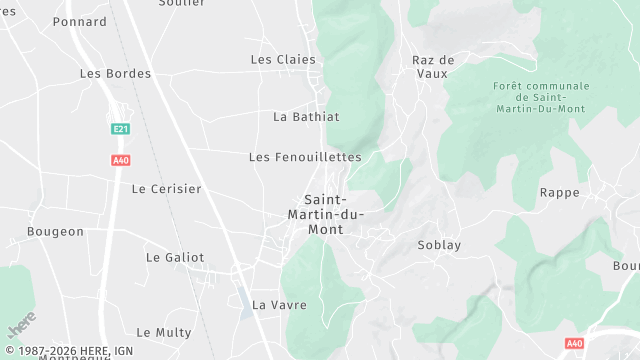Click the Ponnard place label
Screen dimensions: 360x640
(80, 21)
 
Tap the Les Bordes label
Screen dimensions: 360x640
(115, 74)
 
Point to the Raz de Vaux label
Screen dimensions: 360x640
(433, 67)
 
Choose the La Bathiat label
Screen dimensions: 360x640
(306, 117)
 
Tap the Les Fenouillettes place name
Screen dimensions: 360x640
(305, 157)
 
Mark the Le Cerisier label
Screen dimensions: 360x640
(166, 188)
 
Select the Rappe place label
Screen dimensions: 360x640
(559, 192)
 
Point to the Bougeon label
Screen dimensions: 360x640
(56, 232)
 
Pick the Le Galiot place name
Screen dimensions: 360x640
(175, 257)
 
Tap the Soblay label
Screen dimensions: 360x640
(438, 244)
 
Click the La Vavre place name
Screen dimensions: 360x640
(279, 304)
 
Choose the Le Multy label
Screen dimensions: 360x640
(157, 332)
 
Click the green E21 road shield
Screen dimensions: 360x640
(120, 129)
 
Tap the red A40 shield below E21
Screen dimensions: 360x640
(120, 160)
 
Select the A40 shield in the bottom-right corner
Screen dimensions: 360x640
(574, 343)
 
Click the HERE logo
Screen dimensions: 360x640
(21, 327)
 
